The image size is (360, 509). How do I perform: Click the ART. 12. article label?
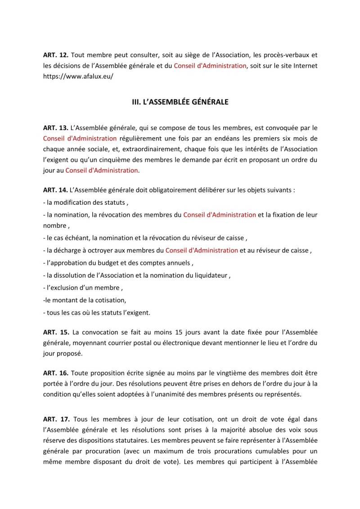click(55, 55)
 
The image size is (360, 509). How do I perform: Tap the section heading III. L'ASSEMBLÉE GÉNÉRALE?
click(180, 102)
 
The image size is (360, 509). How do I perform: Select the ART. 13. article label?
click(55, 128)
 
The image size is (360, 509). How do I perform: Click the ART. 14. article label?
click(55, 191)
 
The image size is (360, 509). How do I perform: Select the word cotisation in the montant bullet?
click(110, 300)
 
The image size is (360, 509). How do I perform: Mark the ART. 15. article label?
click(55, 333)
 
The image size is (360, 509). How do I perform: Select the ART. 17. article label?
click(55, 419)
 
